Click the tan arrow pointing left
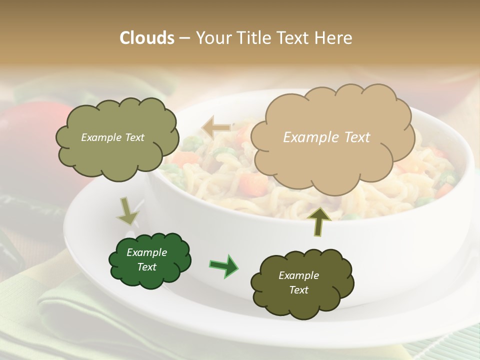point(216,127)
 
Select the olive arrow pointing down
point(127,211)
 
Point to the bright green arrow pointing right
point(223,265)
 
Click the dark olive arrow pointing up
point(320,221)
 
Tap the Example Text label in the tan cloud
point(326,137)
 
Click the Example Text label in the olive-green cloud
point(112,137)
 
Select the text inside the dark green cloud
point(146,259)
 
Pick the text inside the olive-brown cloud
point(298,282)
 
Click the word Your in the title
point(212,38)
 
